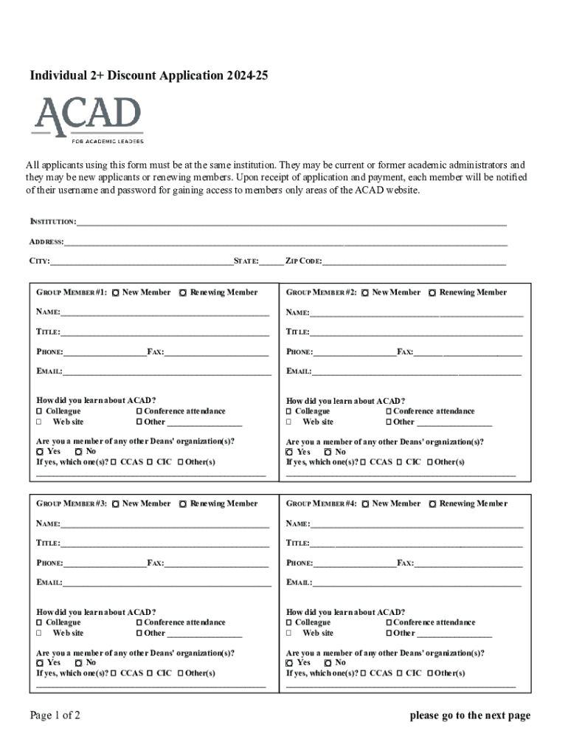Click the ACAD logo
pos(87,120)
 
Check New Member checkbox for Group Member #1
pos(117,293)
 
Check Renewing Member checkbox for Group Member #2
pos(433,293)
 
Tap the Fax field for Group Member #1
pos(216,351)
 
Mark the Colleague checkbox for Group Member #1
pos(40,411)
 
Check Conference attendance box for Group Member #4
pos(389,622)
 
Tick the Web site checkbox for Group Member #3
pos(40,633)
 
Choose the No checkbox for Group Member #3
pos(78,663)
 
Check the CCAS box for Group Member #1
pos(114,462)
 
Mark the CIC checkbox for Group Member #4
pos(399,673)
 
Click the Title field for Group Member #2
pos(416,331)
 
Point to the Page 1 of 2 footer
pos(55,715)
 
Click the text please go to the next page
pos(471,715)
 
